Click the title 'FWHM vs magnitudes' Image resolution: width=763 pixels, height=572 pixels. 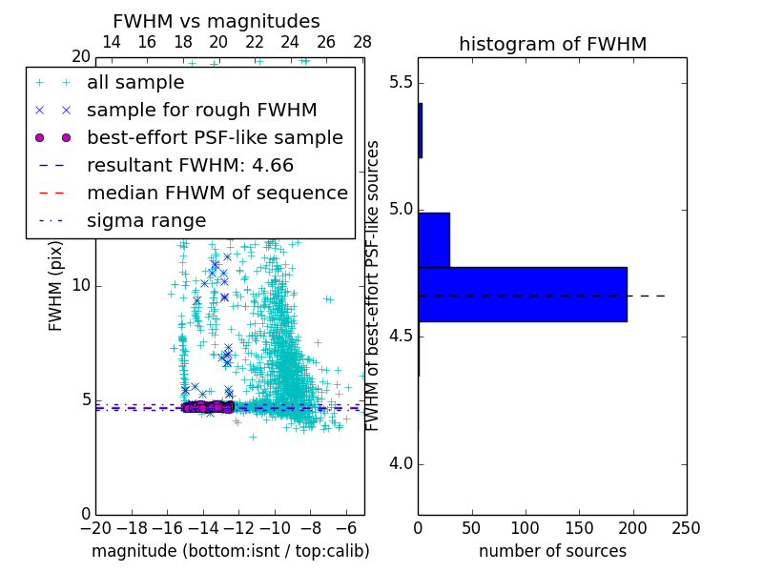point(217,21)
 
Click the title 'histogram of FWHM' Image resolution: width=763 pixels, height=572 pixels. point(552,44)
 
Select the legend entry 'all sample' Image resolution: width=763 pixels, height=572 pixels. point(135,83)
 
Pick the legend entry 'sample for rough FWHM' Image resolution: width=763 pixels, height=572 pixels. point(201,110)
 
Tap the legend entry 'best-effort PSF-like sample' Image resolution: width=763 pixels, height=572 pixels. point(215,137)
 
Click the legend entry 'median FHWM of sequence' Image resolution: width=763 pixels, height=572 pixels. point(217,193)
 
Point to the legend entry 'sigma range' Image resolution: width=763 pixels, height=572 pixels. point(146,220)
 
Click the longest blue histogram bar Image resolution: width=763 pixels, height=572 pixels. point(522,294)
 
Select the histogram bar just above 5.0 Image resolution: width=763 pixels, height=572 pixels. point(433,239)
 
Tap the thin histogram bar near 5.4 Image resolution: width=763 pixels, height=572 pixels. point(420,130)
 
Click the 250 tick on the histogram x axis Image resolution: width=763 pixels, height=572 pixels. point(686,526)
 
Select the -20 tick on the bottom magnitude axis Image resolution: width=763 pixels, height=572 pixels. point(95,526)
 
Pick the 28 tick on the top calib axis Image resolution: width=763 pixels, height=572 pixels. point(362,42)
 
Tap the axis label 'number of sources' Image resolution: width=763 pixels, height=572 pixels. point(552,551)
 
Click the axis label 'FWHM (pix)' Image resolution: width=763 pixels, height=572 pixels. point(55,286)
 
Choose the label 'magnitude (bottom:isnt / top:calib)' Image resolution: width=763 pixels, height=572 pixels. point(230,551)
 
